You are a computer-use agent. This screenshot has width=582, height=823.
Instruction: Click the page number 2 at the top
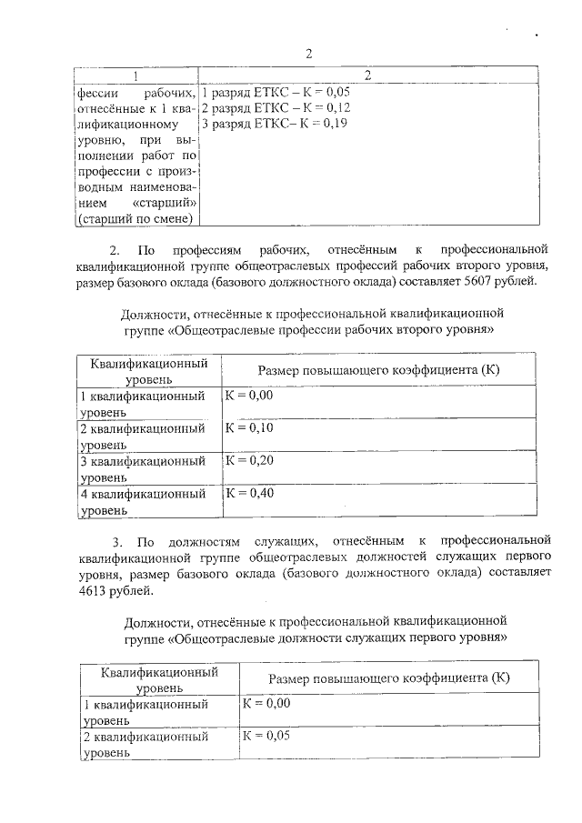tap(308, 53)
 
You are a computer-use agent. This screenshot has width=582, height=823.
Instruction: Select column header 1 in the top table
tap(135, 75)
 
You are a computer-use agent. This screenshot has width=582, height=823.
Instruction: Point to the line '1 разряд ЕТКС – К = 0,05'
tap(276, 93)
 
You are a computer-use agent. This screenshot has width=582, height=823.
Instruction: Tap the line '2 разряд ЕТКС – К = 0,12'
tap(276, 107)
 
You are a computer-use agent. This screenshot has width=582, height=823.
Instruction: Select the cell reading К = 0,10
tap(249, 427)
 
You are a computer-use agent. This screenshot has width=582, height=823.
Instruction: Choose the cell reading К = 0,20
tap(249, 460)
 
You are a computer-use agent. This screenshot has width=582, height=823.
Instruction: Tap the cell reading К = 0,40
tap(249, 493)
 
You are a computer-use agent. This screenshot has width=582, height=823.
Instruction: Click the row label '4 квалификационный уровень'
tap(141, 502)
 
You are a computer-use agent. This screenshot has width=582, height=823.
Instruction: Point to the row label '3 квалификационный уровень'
tap(141, 468)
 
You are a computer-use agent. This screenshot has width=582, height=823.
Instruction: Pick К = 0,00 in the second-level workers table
tap(249, 395)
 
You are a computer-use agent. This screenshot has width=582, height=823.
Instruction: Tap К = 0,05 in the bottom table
tap(266, 736)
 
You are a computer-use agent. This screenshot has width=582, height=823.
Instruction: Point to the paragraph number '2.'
tap(115, 248)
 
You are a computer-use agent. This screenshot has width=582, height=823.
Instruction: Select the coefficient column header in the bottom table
tap(388, 679)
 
